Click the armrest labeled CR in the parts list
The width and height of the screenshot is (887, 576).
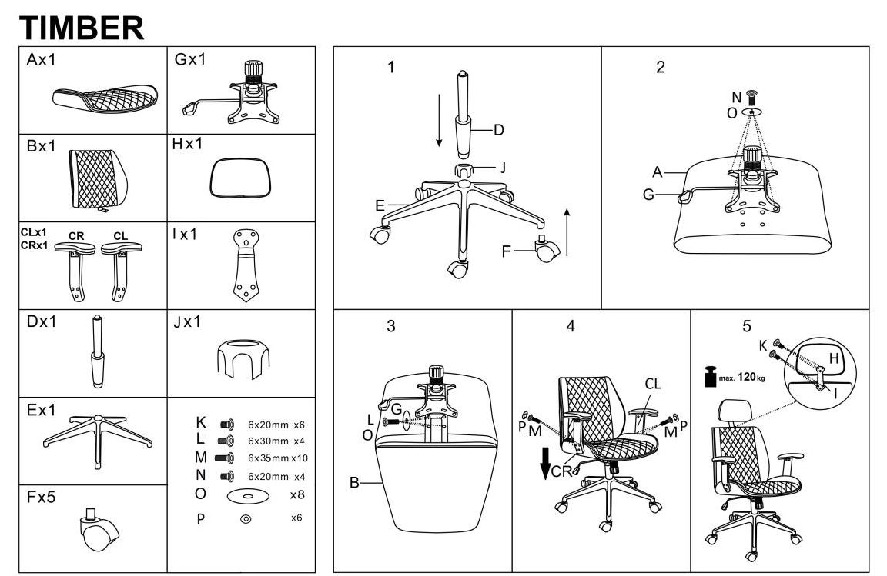pyautogui.click(x=76, y=265)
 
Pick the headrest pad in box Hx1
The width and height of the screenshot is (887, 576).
pyautogui.click(x=241, y=178)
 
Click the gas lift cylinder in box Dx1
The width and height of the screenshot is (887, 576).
pyautogui.click(x=98, y=354)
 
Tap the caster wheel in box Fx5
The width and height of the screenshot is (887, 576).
pyautogui.click(x=98, y=530)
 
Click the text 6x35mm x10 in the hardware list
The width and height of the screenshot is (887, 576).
pyautogui.click(x=277, y=458)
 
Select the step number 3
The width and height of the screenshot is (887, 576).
pyautogui.click(x=391, y=326)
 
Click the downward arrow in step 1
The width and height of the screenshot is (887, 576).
pyautogui.click(x=439, y=119)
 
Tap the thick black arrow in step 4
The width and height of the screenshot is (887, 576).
pyautogui.click(x=545, y=461)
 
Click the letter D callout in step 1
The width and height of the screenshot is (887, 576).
pyautogui.click(x=499, y=130)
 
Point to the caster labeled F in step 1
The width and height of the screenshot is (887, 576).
pyautogui.click(x=546, y=249)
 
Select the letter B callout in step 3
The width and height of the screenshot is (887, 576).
pyautogui.click(x=355, y=483)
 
